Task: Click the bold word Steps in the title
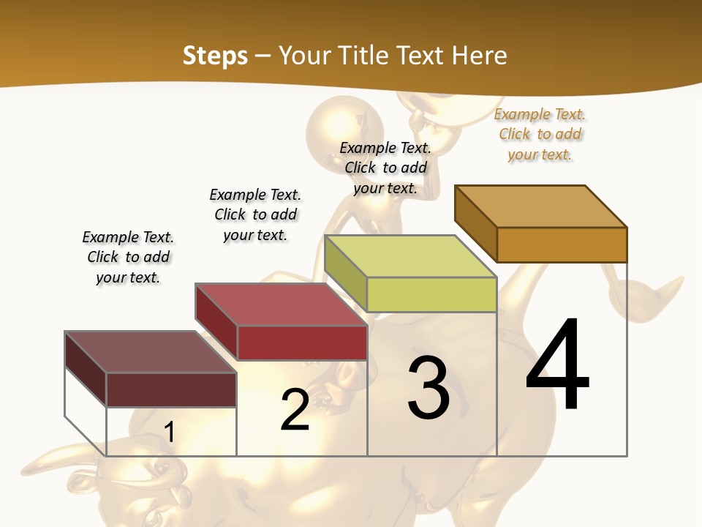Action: (x=215, y=56)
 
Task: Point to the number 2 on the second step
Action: (x=295, y=409)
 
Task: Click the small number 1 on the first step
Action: (x=169, y=432)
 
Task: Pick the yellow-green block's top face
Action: (x=410, y=256)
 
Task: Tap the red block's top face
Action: (x=281, y=304)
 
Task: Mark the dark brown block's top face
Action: (x=151, y=352)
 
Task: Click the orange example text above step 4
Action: (x=540, y=135)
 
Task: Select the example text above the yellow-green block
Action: (x=385, y=168)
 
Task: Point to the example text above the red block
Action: (x=255, y=214)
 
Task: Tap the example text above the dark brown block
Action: (x=128, y=257)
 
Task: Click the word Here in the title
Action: (x=479, y=56)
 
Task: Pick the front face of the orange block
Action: (x=562, y=244)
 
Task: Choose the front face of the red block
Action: (x=302, y=343)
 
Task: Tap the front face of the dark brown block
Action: (x=171, y=389)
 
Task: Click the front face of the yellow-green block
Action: (x=431, y=294)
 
